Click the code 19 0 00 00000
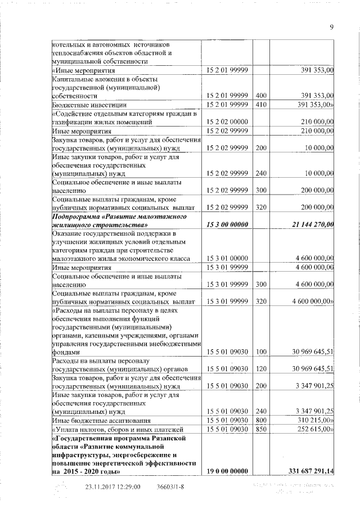pos(227,470)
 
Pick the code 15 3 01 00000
pos(227,258)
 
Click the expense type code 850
pos(260,430)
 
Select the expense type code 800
pos(260,420)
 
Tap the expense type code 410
pos(260,105)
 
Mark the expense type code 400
pos(260,95)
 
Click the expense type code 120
pos(260,368)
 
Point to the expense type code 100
pos(260,352)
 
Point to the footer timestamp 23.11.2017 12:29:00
pos(112,487)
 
